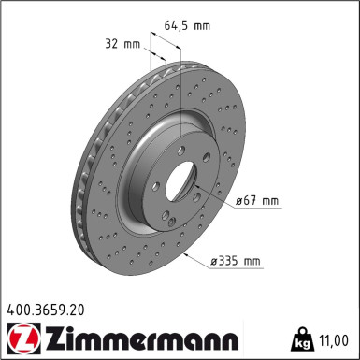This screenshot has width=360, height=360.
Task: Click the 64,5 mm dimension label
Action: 187,25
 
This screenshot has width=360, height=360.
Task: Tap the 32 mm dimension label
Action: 122,44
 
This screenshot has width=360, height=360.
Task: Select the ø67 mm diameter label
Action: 257,200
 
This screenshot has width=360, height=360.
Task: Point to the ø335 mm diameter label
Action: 236,260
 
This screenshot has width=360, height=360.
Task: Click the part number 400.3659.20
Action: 46,310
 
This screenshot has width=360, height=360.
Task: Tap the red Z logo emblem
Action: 23,338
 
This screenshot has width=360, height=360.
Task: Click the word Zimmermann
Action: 142,338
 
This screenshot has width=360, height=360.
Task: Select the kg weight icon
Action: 301,339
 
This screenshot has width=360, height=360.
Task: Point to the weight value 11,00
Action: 333,340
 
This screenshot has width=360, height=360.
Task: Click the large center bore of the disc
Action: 180,181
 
